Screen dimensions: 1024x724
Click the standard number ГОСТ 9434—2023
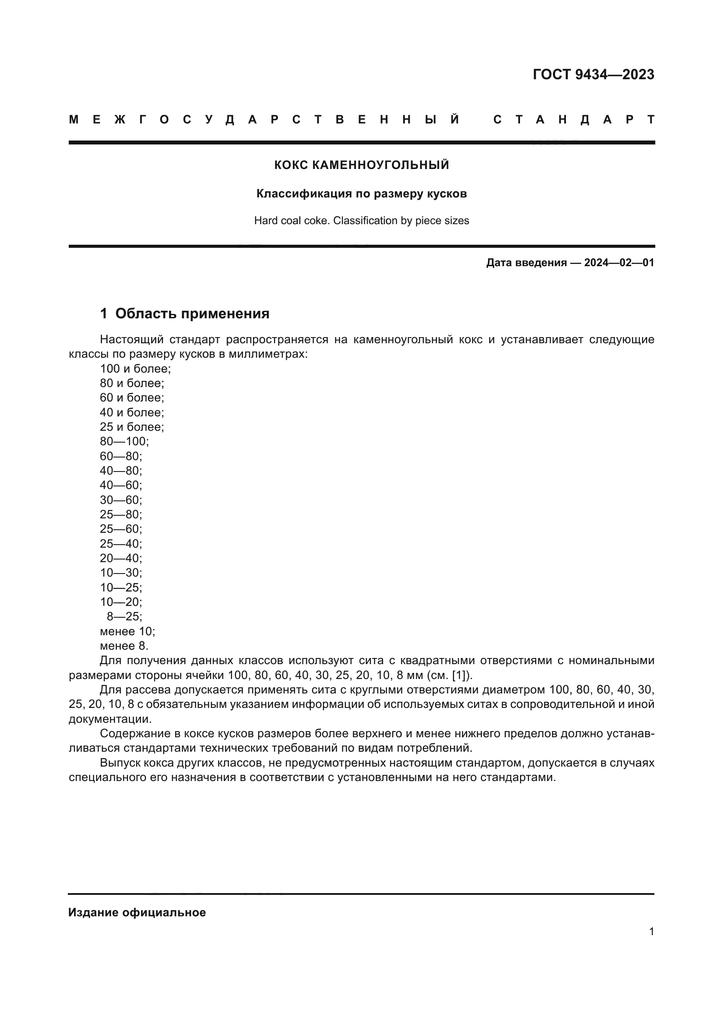tap(593, 74)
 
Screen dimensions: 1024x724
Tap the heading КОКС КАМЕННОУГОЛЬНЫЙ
tap(362, 165)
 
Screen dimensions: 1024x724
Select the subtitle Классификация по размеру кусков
tap(362, 194)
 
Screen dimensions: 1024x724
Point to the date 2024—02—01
tap(619, 263)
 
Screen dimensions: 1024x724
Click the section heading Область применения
tap(192, 313)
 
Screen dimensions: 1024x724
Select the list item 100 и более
tap(135, 368)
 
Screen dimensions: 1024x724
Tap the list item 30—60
tap(121, 500)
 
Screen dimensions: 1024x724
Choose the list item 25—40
tap(121, 544)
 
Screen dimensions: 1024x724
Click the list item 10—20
tap(121, 602)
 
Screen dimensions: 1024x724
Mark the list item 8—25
tap(124, 616)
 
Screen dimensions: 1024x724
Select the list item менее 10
tap(127, 631)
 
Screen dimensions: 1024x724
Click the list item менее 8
tap(124, 646)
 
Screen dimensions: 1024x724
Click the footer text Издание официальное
tap(137, 912)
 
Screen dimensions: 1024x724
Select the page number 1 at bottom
tap(651, 932)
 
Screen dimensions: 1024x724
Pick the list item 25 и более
tap(132, 427)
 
